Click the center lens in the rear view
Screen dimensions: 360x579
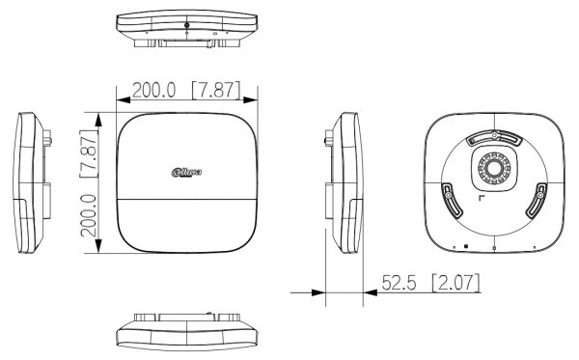(493, 167)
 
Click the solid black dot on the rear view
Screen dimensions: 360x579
(466, 244)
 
